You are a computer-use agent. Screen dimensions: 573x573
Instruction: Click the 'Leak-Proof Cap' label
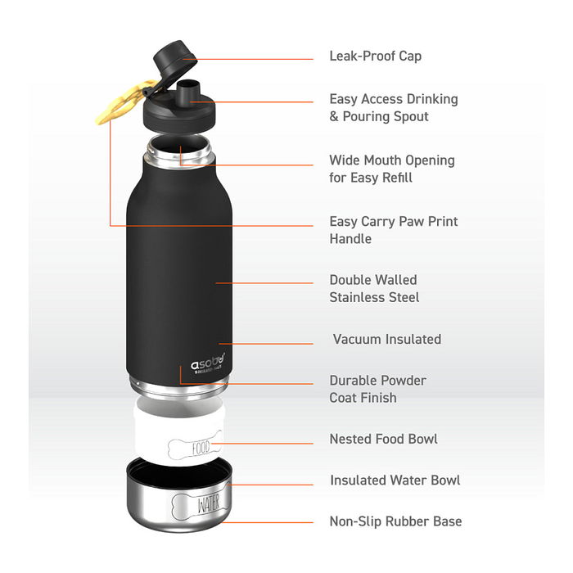[375, 56]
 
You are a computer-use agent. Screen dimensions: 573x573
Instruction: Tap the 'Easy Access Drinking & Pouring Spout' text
[393, 108]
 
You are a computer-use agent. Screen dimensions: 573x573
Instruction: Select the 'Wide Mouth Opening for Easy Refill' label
[391, 169]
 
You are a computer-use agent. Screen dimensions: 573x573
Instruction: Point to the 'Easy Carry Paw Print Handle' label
[393, 230]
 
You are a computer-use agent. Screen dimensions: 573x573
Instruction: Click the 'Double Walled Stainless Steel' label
[374, 289]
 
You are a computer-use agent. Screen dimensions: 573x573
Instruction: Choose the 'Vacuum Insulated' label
[386, 339]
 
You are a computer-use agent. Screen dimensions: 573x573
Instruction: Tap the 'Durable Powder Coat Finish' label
[377, 389]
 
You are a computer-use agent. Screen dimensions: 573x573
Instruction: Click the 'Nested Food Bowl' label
[383, 440]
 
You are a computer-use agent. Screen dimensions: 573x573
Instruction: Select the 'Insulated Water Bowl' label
[395, 481]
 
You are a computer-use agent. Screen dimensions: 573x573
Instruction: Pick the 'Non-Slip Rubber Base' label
[395, 521]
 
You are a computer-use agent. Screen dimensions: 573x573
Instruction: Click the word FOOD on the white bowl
[200, 448]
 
